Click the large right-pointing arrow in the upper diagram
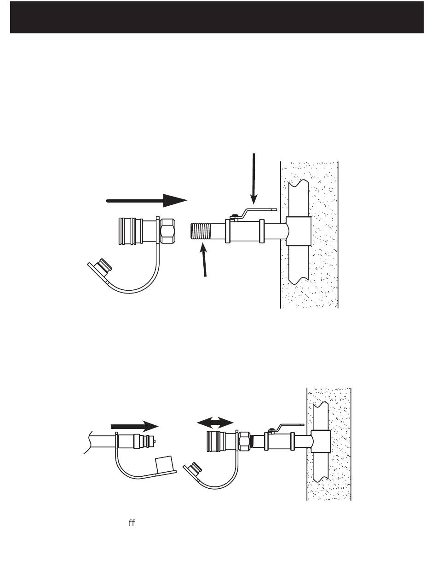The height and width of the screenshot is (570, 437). [x=147, y=200]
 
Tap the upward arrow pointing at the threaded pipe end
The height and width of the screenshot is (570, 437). [x=204, y=262]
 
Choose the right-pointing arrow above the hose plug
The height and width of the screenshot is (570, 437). [x=135, y=426]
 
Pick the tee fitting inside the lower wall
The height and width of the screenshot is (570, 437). [x=322, y=442]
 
